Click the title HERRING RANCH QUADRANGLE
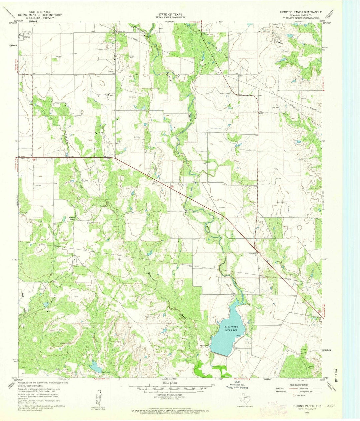pos(301,11)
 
